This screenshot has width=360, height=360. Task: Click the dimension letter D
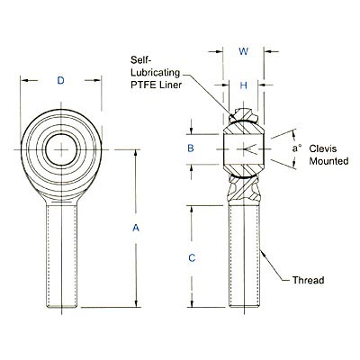coord(60,82)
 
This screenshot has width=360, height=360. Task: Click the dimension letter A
coord(136,229)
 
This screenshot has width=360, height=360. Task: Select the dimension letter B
coord(191,148)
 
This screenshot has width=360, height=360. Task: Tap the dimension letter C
coord(191,258)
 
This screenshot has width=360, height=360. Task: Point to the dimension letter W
coord(243,51)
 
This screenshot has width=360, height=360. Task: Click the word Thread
coord(309,280)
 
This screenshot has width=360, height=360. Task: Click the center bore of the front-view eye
coord(60,148)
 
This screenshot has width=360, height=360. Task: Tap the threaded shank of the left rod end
coord(60,252)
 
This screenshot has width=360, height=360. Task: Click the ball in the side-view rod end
coord(243,148)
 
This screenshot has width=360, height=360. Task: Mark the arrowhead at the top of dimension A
coord(136,151)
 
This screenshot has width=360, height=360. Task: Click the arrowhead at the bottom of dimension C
coord(191,303)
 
